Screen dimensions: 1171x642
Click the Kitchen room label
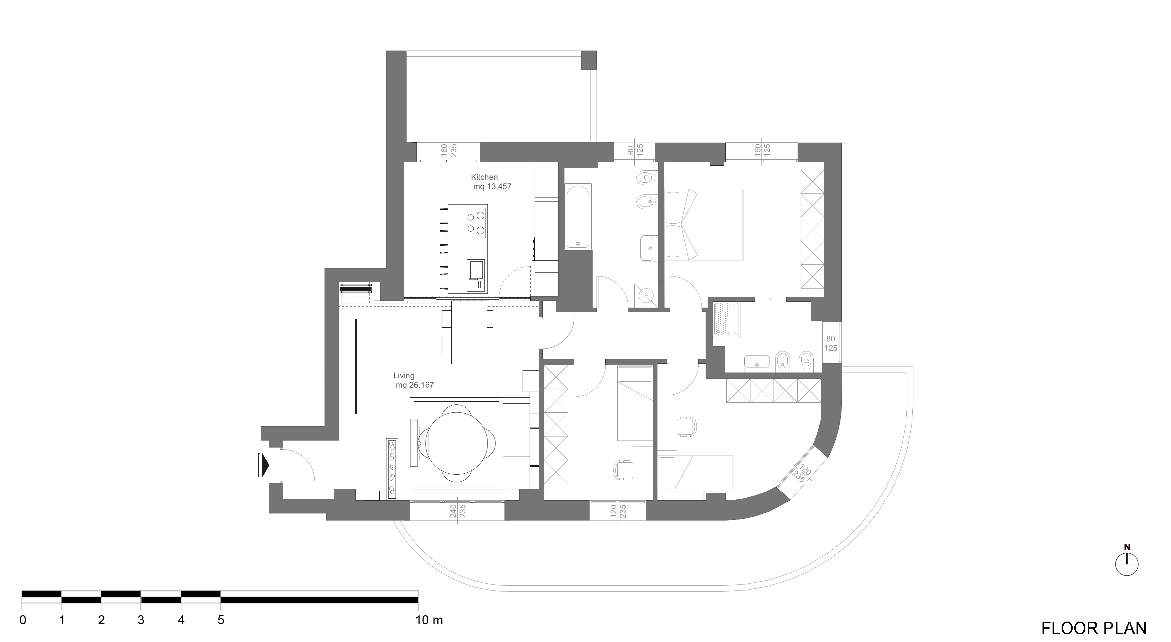pos(484,177)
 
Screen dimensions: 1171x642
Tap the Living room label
pos(404,376)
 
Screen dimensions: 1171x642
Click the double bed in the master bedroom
pos(704,225)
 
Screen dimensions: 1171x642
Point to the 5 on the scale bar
pos(220,620)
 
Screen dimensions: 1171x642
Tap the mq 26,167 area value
pos(415,385)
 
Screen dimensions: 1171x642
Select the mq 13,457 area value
pos(492,186)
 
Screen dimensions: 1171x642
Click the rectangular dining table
pos(469,332)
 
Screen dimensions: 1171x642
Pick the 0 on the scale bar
pos(23,620)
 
